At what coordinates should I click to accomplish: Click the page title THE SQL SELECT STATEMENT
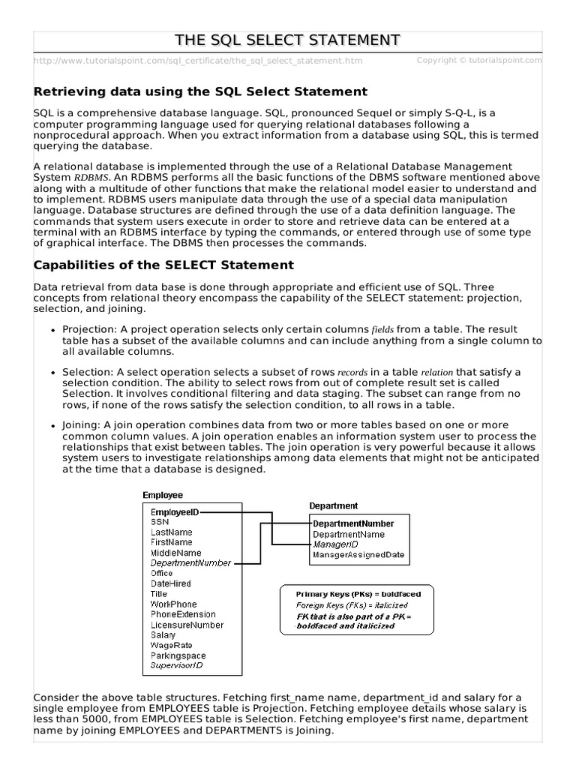[287, 40]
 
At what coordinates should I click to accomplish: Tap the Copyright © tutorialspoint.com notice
[479, 60]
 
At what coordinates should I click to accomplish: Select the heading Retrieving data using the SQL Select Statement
[201, 91]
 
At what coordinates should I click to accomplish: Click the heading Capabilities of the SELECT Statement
[164, 265]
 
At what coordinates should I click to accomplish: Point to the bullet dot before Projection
[53, 331]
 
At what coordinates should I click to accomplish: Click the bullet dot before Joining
[53, 425]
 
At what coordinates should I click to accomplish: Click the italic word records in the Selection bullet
[352, 373]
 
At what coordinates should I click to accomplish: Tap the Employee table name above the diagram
[163, 495]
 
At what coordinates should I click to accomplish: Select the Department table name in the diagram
[334, 506]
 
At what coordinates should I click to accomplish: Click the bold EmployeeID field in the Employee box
[175, 511]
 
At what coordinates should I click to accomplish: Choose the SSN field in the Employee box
[160, 521]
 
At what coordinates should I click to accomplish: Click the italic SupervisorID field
[176, 665]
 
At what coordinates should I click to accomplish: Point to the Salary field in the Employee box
[163, 634]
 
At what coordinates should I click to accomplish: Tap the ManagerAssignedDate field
[358, 555]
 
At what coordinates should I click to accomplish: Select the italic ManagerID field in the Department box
[335, 544]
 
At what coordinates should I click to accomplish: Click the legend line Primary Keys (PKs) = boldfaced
[358, 594]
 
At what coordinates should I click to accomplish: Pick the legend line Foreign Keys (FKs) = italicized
[352, 604]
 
